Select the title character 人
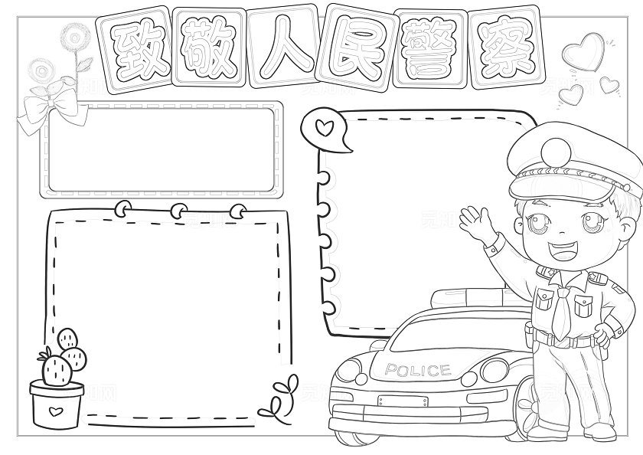pos(284,48)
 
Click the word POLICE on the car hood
pos(418,370)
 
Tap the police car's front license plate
pos(403,401)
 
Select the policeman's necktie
pos(561,313)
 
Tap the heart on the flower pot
pos(55,411)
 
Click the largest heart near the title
pos(583,52)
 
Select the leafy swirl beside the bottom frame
pos(280,398)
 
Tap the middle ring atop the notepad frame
pos(179,211)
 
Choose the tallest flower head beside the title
pos(75,38)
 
